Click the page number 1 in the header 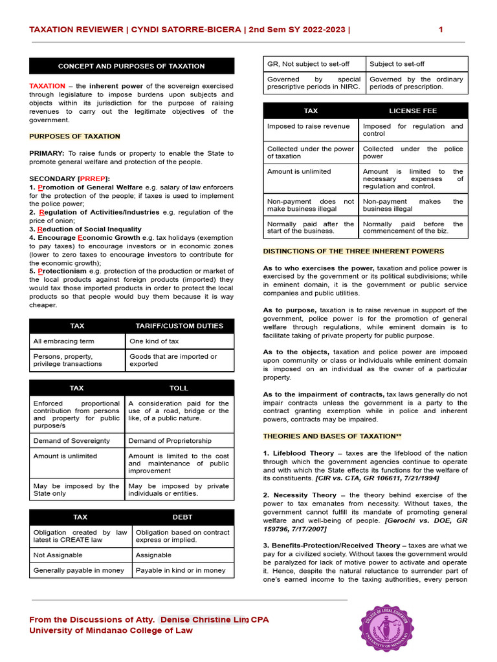click(441, 30)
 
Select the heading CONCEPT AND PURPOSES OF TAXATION click(131, 66)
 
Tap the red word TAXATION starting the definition click(47, 86)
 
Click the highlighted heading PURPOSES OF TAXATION click(74, 136)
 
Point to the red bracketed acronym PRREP click(94, 178)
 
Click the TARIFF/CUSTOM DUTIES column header click(179, 326)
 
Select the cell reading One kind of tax click(154, 341)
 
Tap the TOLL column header click(179, 388)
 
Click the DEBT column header click(182, 517)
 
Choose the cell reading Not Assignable click(57, 555)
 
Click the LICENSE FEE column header click(413, 111)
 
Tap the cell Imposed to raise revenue click(308, 127)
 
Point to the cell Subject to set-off click(397, 64)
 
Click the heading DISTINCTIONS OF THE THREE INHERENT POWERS click(353, 251)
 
